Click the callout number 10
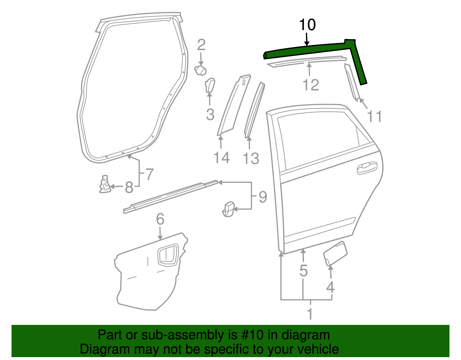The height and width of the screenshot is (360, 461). [x=307, y=25]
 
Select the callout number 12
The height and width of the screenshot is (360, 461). [x=311, y=85]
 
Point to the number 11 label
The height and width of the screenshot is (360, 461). [x=374, y=117]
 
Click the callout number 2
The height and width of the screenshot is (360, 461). [x=201, y=45]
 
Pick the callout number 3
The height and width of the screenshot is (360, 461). [x=210, y=114]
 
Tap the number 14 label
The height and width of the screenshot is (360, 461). [x=222, y=158]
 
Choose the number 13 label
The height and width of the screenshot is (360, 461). [x=251, y=159]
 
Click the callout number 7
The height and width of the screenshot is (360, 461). [x=149, y=174]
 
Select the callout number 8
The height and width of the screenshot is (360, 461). [x=129, y=188]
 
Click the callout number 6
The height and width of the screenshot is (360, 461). [x=160, y=219]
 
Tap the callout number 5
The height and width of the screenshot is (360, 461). [x=304, y=271]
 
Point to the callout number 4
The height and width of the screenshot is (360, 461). [x=330, y=287]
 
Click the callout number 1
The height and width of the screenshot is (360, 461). [x=310, y=314]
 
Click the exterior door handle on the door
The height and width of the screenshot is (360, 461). [x=367, y=168]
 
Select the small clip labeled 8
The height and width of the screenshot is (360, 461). [x=105, y=185]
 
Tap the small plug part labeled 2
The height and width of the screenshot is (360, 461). [x=201, y=70]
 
